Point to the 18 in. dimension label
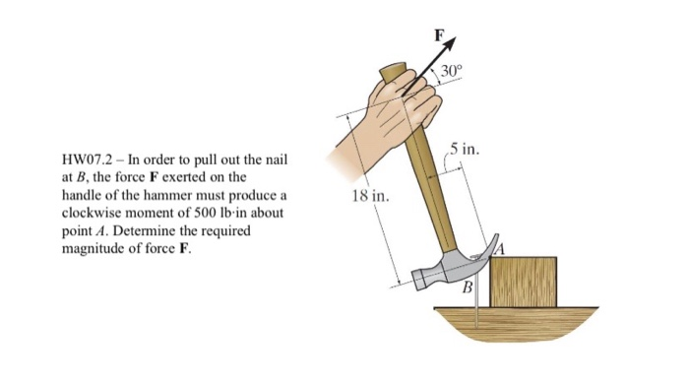pyautogui.click(x=370, y=197)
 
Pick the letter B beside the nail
pyautogui.click(x=469, y=287)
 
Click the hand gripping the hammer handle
pyautogui.click(x=399, y=103)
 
